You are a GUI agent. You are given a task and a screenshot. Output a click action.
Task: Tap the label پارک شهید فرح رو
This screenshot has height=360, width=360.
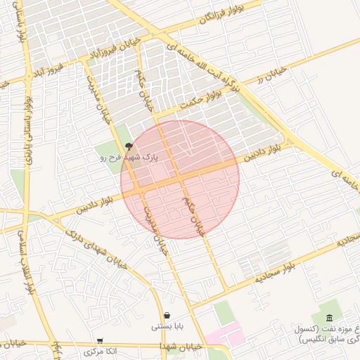click(129, 158)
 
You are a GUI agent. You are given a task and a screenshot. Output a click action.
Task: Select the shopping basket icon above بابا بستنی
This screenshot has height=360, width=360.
click(167, 315)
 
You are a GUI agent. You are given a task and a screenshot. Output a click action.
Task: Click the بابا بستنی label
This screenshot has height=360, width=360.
click(167, 327)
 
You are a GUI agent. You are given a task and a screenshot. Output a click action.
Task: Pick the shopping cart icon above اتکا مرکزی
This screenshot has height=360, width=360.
click(100, 340)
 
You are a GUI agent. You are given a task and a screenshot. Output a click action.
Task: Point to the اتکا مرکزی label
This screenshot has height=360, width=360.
click(99, 351)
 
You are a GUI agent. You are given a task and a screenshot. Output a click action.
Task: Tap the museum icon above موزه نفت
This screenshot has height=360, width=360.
click(330, 318)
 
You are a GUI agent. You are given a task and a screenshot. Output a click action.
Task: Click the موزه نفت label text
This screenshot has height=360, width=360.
click(328, 333)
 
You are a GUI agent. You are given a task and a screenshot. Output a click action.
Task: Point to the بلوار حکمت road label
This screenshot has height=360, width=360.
click(202, 96)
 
